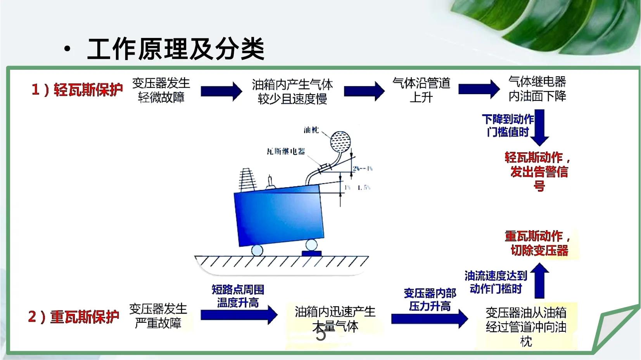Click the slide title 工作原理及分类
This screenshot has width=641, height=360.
click(175, 49)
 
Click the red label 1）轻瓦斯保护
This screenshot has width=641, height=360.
click(77, 90)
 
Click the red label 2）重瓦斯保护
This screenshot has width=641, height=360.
click(74, 317)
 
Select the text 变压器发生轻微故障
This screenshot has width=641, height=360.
click(161, 90)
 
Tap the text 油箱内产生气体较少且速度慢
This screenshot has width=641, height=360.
click(292, 91)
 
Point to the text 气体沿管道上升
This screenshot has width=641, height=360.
click(422, 90)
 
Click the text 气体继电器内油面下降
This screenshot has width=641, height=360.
click(537, 89)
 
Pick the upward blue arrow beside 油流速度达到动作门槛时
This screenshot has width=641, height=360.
click(539, 281)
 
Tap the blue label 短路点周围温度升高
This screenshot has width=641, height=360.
click(238, 296)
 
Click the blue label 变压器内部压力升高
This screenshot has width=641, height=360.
click(430, 300)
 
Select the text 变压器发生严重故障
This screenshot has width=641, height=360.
click(158, 316)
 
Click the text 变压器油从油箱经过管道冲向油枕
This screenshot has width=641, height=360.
click(526, 326)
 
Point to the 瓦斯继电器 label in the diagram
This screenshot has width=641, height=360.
click(286, 152)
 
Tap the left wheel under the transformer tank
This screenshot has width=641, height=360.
click(257, 250)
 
